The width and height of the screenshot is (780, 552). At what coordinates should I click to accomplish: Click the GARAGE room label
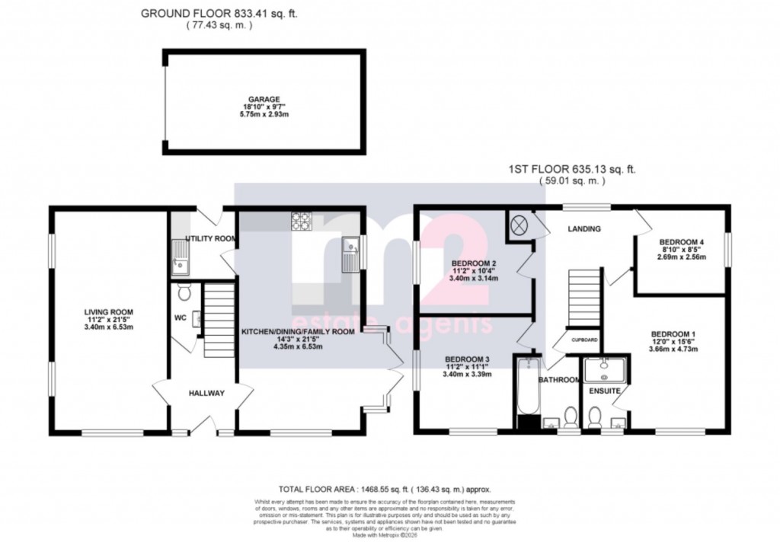(x=262, y=99)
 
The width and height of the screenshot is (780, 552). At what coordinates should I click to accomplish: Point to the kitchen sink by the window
(x=351, y=254)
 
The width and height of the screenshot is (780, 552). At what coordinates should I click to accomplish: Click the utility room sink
(x=180, y=256)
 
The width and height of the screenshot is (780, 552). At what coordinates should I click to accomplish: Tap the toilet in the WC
(x=183, y=293)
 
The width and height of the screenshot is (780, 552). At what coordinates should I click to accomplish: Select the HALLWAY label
(x=206, y=393)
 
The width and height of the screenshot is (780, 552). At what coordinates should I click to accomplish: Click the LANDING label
(x=584, y=228)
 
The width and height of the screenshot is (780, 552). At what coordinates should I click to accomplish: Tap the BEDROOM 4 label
(x=682, y=242)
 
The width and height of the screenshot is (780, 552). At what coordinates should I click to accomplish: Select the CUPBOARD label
(x=584, y=340)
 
